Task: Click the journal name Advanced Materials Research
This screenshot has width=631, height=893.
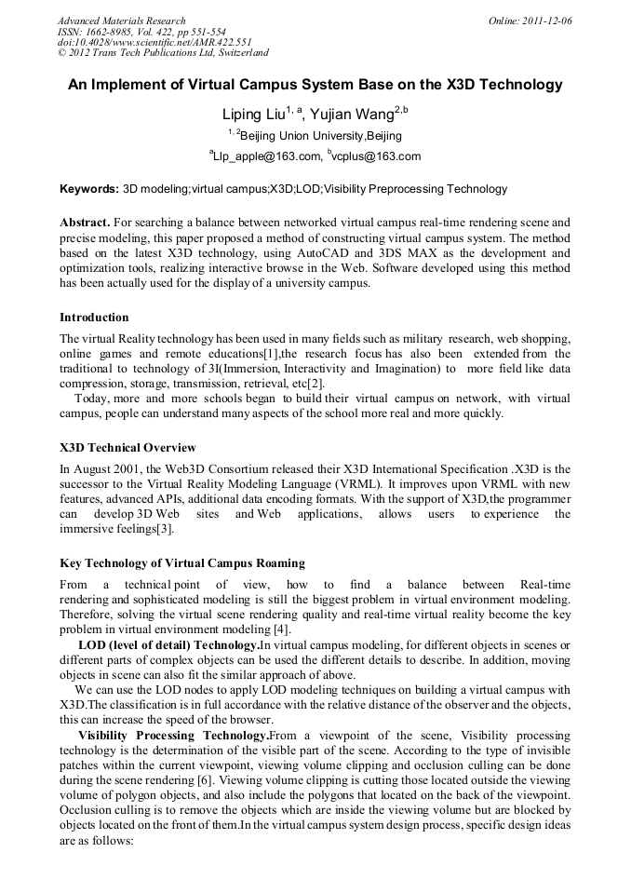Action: click(121, 20)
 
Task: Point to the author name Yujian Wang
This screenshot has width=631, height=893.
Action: click(352, 115)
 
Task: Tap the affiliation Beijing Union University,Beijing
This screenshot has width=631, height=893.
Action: click(315, 136)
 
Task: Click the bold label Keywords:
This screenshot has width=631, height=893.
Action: click(89, 189)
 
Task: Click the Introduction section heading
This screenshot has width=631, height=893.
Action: click(94, 318)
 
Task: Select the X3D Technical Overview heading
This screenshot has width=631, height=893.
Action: click(128, 447)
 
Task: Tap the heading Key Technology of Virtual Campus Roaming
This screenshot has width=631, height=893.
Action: click(181, 563)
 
